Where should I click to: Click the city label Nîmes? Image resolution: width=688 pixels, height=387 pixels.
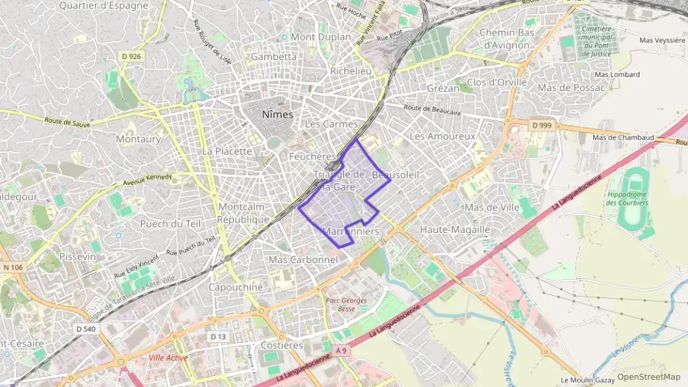point(277,115)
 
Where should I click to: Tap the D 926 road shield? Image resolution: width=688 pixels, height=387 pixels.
point(132,57)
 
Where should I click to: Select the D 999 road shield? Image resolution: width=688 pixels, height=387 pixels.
point(541,126)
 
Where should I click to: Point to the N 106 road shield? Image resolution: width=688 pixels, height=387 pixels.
point(13,267)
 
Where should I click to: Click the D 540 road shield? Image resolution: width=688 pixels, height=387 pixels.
point(86,329)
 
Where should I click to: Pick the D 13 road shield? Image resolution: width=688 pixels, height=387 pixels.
point(217,336)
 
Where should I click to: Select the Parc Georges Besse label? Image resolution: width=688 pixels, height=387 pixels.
point(341,305)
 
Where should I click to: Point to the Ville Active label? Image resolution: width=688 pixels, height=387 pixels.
point(168,358)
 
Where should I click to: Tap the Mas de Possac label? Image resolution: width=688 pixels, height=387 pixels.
point(572,87)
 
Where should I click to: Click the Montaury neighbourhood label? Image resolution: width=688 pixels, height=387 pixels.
point(138,138)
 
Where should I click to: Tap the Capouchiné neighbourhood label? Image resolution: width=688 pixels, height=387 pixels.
point(235,287)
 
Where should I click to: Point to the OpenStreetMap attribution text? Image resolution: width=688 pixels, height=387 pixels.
point(648,377)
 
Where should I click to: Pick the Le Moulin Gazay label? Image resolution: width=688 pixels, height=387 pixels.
point(587,380)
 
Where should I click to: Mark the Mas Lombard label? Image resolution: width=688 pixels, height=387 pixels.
point(617,74)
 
